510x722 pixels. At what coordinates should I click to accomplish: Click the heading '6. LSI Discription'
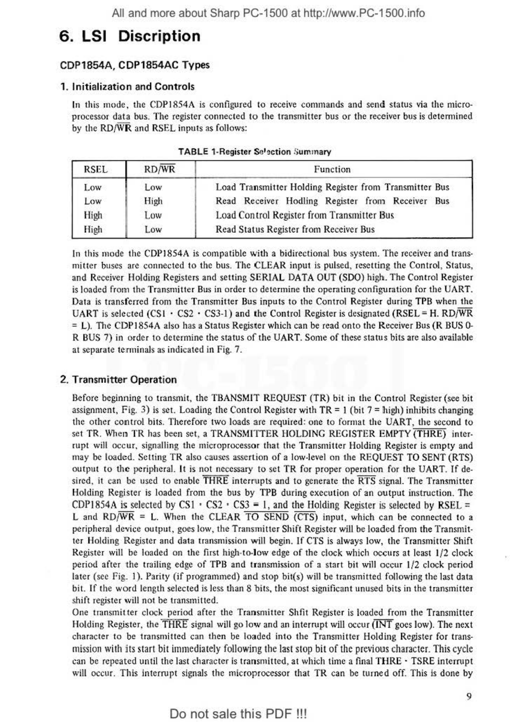point(130,36)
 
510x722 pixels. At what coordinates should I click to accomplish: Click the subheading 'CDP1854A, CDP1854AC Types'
point(135,66)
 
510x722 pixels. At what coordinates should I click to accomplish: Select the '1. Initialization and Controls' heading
point(127,87)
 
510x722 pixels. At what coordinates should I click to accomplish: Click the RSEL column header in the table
point(96,169)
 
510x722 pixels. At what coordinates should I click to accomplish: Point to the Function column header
point(332,169)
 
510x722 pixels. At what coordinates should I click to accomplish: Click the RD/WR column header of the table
point(159,169)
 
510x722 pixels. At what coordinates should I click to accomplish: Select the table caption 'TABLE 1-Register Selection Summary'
point(254,152)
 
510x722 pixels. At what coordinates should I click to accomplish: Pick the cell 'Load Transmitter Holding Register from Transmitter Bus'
point(332,187)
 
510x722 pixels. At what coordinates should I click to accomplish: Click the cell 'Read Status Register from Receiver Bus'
point(295,229)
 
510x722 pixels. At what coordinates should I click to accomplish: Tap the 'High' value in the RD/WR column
point(153,201)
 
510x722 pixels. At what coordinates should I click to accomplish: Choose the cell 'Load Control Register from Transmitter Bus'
point(304,215)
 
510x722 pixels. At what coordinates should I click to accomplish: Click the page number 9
point(469,696)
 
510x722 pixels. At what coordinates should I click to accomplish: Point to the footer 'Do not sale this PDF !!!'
point(238,714)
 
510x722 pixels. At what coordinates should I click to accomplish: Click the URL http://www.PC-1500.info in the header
point(364,13)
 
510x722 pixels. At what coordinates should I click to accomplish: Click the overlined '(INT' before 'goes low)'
point(382,625)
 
